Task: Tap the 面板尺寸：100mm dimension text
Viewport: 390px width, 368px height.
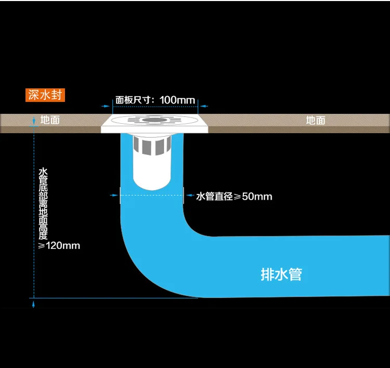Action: (155, 99)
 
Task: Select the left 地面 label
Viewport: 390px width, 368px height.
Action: (50, 120)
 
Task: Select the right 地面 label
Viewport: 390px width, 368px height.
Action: (315, 120)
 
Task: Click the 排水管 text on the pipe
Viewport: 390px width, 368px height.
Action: (281, 274)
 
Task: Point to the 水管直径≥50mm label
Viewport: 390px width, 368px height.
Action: (234, 196)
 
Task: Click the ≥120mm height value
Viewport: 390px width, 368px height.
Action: (60, 245)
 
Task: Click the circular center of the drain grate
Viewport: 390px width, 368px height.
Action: (154, 120)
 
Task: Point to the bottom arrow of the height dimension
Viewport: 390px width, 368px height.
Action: (34, 302)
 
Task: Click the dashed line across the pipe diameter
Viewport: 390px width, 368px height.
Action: (151, 195)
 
